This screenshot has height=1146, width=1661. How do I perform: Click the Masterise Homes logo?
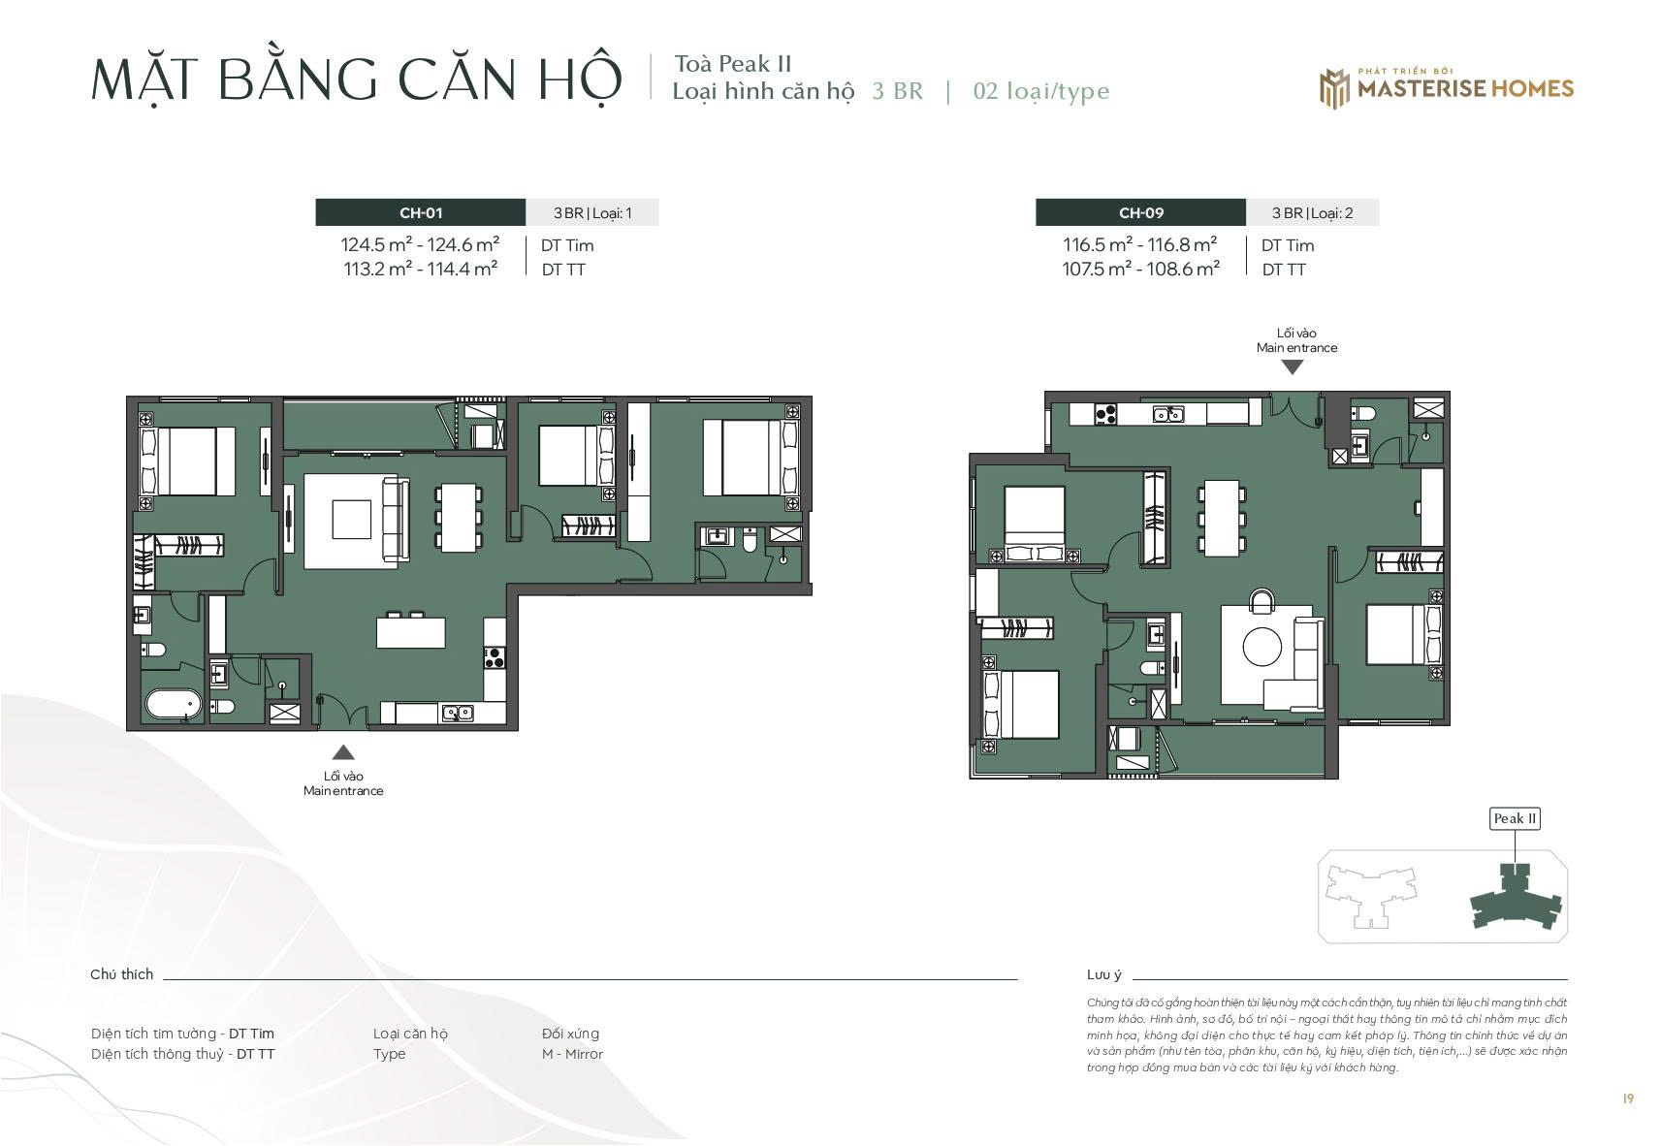(1446, 88)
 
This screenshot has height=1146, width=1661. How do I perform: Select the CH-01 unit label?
(421, 212)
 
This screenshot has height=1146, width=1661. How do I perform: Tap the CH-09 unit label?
(1140, 212)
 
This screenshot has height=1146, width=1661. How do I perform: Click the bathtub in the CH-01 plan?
(174, 704)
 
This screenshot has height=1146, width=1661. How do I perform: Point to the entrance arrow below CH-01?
(342, 752)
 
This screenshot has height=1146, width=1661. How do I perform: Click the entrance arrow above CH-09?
(1293, 366)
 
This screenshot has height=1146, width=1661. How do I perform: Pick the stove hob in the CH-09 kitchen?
(1105, 414)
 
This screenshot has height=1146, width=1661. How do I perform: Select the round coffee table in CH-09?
(1262, 647)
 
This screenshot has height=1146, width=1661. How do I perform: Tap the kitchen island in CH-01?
(410, 633)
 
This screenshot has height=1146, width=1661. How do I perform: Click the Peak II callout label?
(1515, 818)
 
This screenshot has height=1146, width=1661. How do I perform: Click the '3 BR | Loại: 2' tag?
(1312, 212)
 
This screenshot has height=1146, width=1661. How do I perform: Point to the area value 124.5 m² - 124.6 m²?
(420, 244)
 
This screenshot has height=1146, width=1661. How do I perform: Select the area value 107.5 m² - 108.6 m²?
(1140, 269)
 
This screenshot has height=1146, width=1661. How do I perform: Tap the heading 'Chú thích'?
(121, 974)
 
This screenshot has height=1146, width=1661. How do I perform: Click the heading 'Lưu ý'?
(1104, 974)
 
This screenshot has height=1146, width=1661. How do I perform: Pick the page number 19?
(1628, 1098)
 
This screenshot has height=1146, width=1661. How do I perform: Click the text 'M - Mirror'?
(572, 1053)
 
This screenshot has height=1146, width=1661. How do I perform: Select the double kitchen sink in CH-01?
(458, 714)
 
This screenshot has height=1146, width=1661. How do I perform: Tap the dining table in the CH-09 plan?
(1222, 518)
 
